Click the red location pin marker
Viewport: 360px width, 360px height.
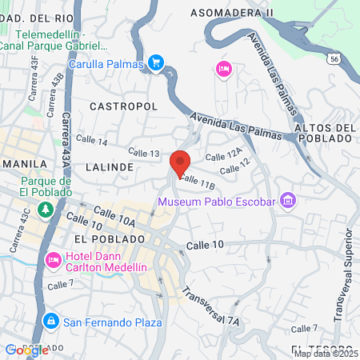point(181,162)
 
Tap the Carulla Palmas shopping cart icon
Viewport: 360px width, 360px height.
point(157,62)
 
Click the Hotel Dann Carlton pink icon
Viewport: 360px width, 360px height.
point(54,260)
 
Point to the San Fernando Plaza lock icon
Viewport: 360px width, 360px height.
point(50,322)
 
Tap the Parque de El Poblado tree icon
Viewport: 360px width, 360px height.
point(46,209)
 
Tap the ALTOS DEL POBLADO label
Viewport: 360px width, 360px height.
point(324,133)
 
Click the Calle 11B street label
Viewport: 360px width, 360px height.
point(198,182)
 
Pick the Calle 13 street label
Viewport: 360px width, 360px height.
point(144,153)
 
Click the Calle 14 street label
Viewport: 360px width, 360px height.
point(91,142)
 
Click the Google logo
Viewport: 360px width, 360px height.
point(26,350)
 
